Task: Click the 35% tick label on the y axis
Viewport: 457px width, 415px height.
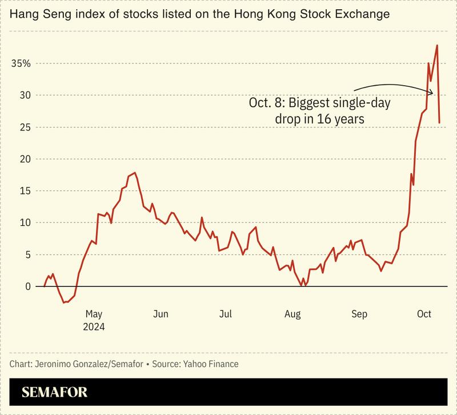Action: coord(21,63)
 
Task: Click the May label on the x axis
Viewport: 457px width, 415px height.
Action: coord(94,314)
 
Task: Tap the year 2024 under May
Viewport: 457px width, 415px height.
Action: coord(94,327)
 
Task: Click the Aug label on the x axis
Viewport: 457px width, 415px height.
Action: coord(292,314)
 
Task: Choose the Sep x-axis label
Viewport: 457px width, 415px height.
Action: coord(359,314)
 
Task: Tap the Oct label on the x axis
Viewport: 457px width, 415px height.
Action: coord(424,314)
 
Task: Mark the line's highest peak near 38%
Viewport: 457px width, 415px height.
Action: coord(437,45)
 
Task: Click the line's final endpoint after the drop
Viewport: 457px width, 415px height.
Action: coord(439,123)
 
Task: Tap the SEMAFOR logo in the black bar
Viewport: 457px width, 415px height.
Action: coord(55,393)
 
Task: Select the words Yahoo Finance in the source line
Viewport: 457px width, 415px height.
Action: coord(211,364)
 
